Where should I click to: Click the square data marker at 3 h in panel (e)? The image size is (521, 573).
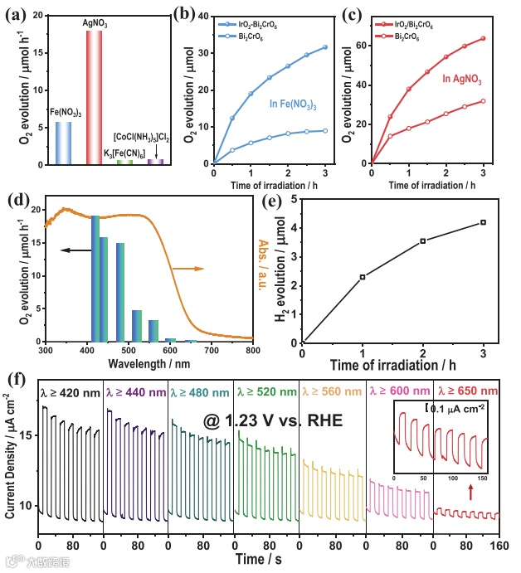coord(483,222)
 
